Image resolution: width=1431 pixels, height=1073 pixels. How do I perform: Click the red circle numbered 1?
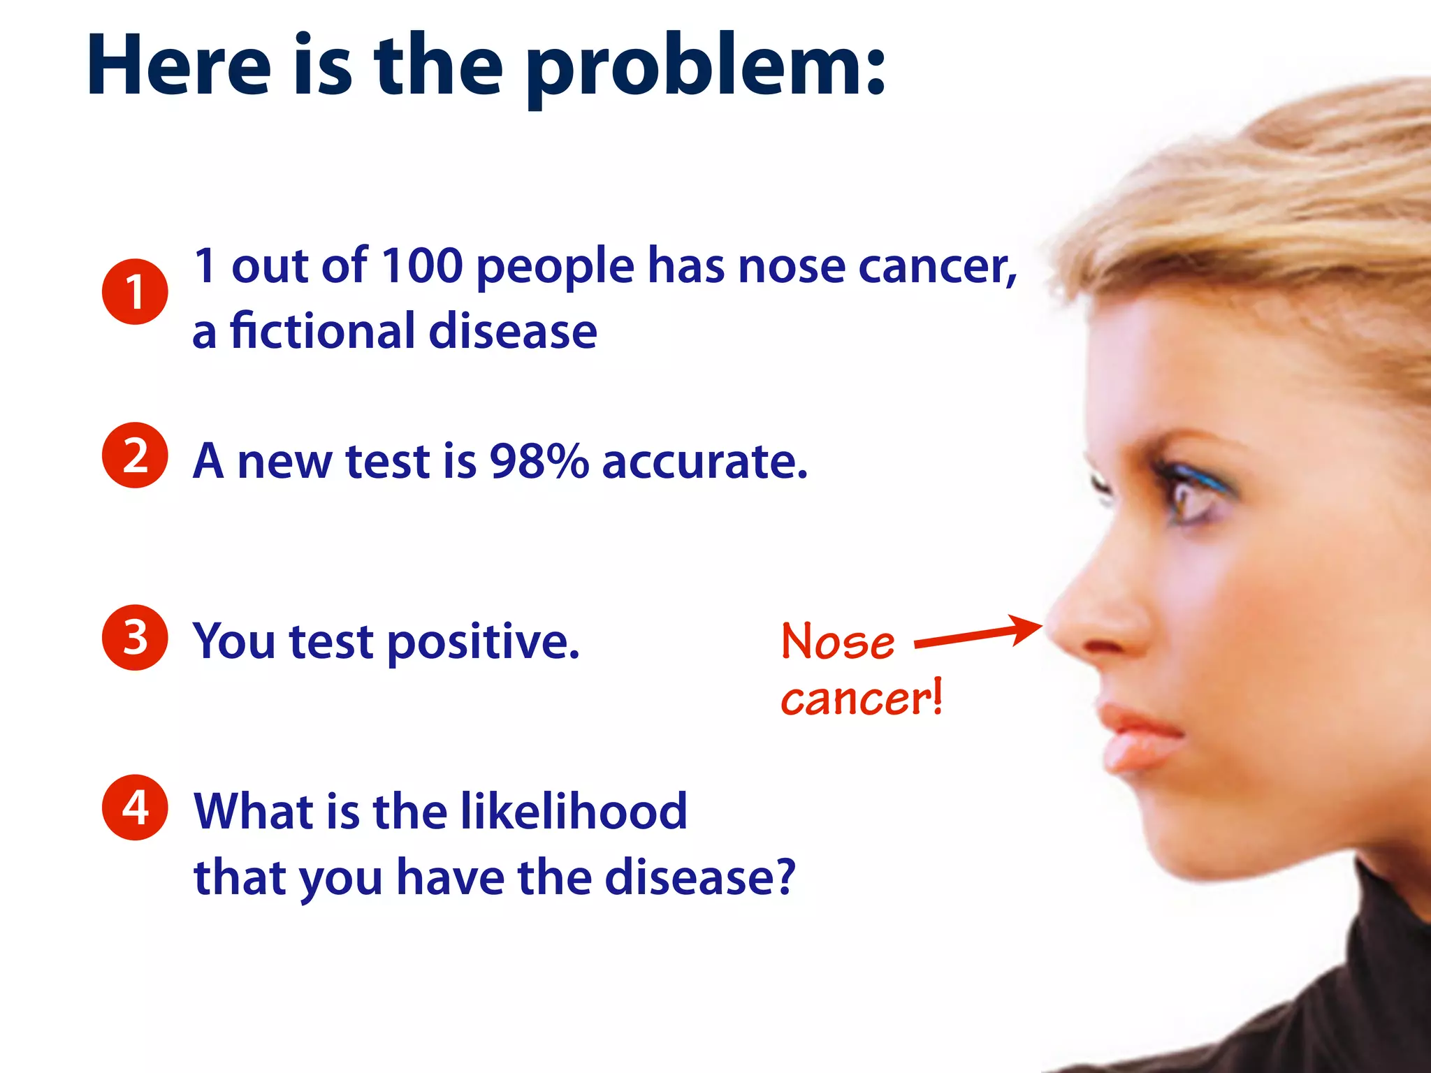point(135,291)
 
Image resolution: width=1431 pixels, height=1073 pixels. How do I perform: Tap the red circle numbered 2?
point(135,455)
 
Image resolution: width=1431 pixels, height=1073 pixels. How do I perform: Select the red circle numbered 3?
point(135,637)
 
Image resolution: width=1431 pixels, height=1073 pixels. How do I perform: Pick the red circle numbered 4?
point(135,807)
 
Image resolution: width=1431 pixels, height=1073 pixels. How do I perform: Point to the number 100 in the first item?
point(422,265)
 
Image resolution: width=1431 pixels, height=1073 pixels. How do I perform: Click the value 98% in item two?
point(539,461)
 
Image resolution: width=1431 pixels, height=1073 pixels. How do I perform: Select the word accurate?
point(704,461)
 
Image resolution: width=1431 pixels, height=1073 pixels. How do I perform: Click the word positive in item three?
point(483,641)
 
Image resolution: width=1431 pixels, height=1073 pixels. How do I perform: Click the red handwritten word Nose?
point(838,641)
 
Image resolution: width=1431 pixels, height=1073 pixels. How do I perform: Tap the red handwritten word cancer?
point(862,698)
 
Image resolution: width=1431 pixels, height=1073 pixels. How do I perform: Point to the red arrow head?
point(1027,628)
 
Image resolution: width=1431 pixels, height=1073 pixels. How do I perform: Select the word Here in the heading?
point(179,67)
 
